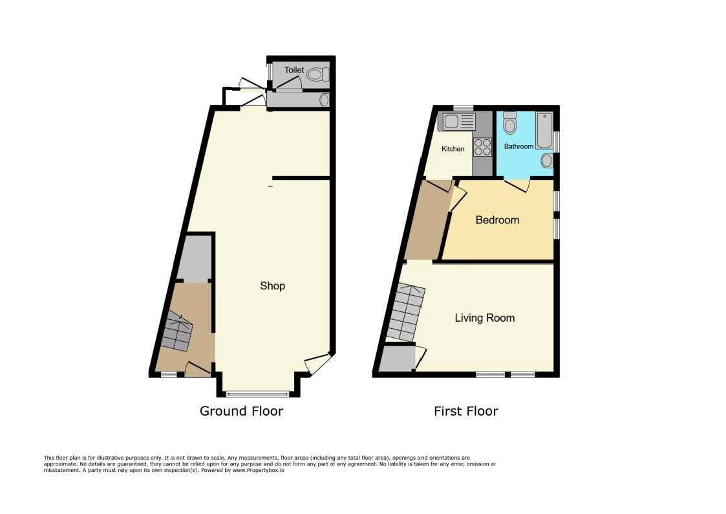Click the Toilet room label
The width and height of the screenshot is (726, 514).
[294, 70]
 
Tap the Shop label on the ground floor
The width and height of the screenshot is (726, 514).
[272, 286]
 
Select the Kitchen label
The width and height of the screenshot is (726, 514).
[453, 149]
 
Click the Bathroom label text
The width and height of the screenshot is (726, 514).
[518, 146]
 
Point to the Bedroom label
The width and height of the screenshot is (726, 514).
[497, 219]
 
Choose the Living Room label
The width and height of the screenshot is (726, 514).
[485, 318]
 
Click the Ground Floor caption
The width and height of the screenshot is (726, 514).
[241, 411]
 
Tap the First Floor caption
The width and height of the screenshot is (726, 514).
[465, 411]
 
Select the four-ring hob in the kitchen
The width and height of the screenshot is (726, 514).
[482, 148]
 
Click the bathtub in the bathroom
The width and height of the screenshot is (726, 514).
[544, 130]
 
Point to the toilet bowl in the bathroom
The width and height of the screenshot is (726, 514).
[510, 123]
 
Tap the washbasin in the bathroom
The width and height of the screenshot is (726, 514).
[547, 161]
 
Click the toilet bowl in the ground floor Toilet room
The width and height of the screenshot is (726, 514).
[318, 74]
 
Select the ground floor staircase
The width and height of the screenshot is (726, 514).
[177, 331]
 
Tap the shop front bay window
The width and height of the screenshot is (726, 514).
[258, 394]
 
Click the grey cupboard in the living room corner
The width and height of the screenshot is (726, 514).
[397, 359]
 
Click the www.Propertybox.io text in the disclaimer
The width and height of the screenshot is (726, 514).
[259, 470]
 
